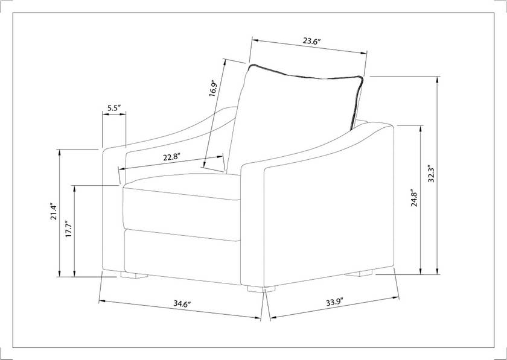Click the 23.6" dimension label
(x=311, y=42)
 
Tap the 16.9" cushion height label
(x=213, y=88)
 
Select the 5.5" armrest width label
(x=114, y=108)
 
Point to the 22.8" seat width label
(x=171, y=157)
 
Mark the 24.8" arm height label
(x=414, y=199)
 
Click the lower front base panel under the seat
(x=181, y=253)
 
